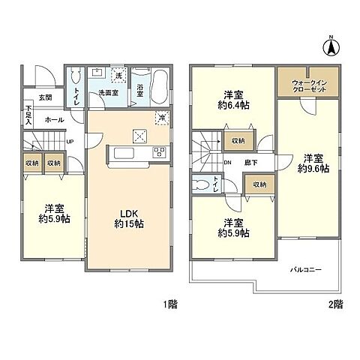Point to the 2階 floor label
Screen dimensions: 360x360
(335, 305)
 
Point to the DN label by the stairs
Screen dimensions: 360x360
(228, 162)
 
